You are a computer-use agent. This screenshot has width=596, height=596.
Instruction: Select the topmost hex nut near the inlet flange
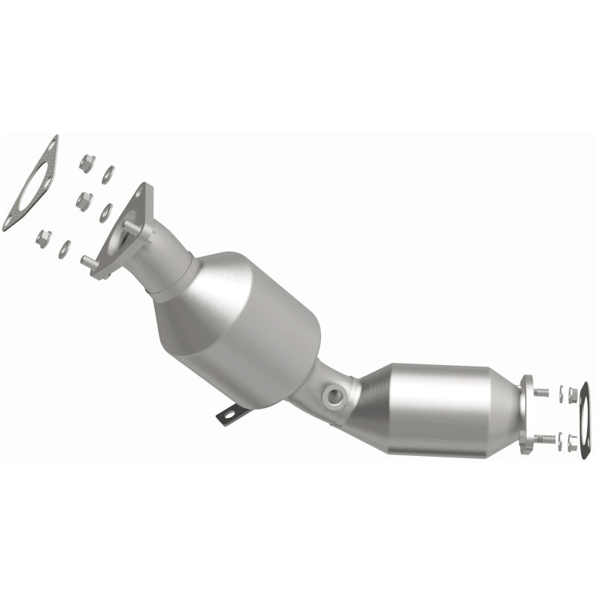86,162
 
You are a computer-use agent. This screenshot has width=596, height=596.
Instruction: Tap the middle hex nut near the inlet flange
83,200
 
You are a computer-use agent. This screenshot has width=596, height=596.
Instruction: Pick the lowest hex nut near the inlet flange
44,238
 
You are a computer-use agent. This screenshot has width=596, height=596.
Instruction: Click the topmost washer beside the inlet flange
109,174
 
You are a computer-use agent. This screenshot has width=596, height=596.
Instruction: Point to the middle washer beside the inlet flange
106,212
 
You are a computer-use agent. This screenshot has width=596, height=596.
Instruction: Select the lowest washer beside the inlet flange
66,250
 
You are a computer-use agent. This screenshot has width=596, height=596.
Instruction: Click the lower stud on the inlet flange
88,261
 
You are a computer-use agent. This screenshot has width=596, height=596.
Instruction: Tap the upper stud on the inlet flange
130,222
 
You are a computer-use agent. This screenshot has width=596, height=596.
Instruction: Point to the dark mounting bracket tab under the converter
230,413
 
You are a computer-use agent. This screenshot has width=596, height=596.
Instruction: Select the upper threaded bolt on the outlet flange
540,392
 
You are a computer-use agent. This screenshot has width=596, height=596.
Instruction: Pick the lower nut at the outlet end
572,443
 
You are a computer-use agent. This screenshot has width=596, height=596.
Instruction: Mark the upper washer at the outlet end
559,393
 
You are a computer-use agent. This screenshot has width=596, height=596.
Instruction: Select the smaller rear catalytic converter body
440,406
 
